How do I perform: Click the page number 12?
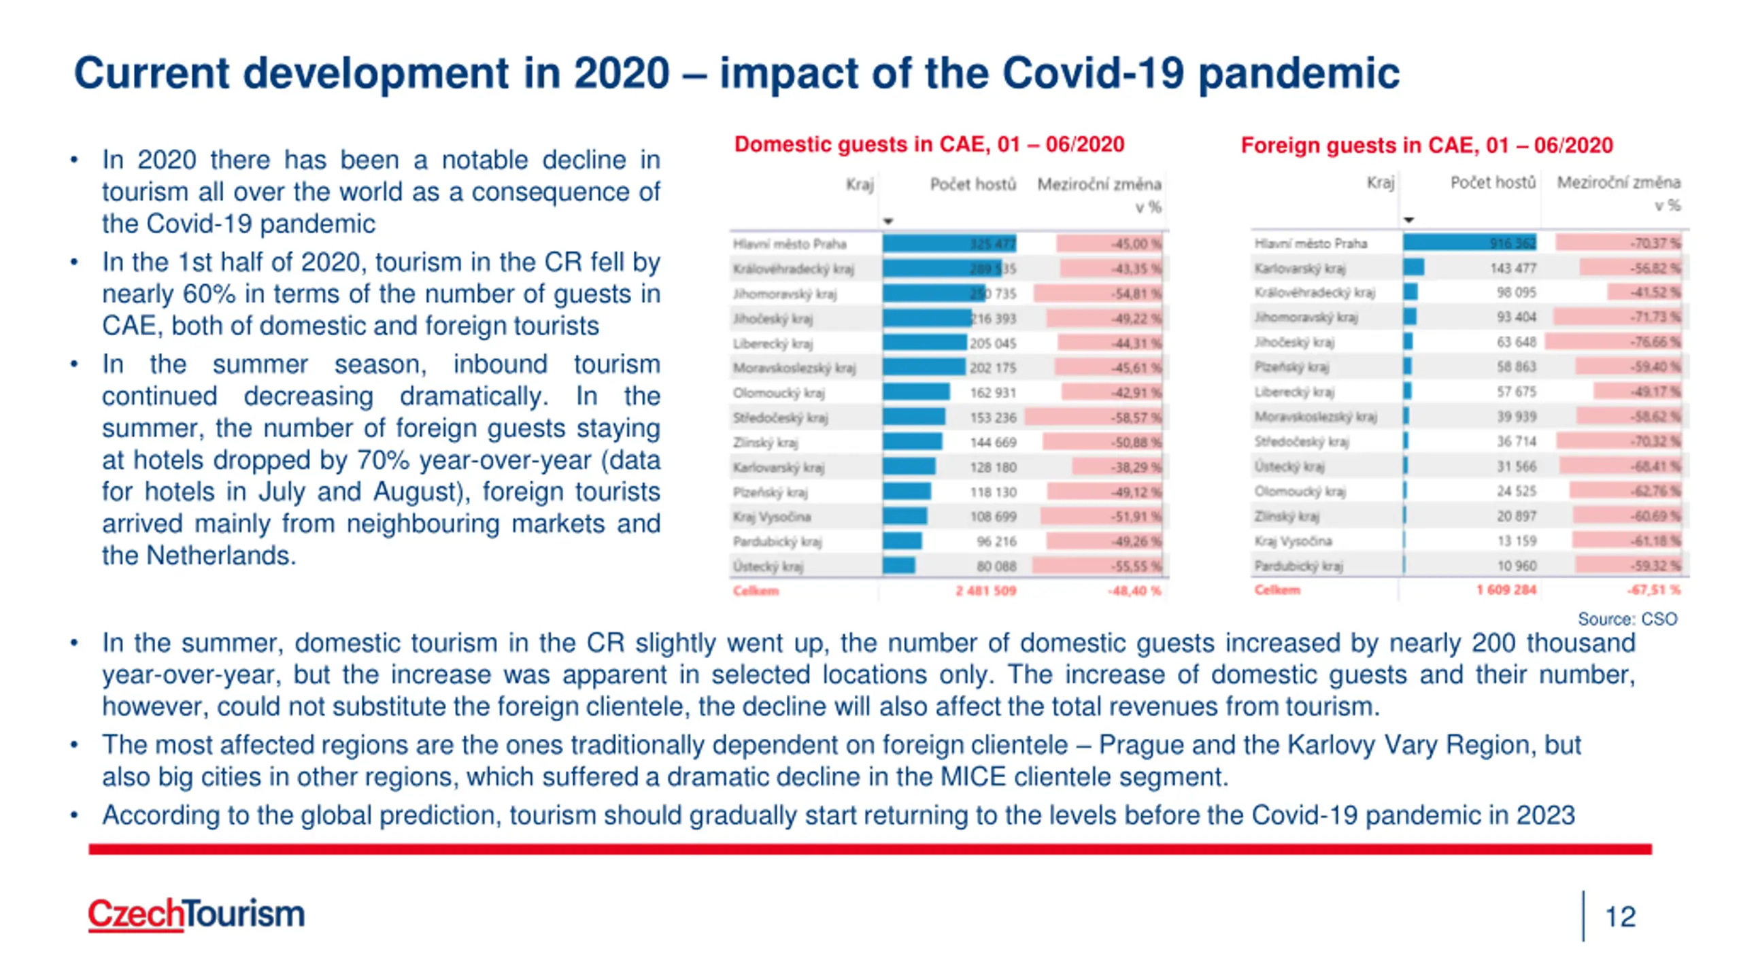click(x=1619, y=916)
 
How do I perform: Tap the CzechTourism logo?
click(x=196, y=913)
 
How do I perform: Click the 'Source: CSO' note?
click(x=1627, y=619)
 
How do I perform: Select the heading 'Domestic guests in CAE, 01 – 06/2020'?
click(x=929, y=144)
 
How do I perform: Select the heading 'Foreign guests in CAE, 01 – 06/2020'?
click(x=1426, y=145)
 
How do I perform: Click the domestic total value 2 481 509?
click(x=985, y=591)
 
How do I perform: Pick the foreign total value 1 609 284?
click(x=1506, y=589)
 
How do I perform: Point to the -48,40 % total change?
click(x=1134, y=591)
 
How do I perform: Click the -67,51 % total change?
click(x=1653, y=589)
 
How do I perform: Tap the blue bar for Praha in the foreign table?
click(x=1469, y=243)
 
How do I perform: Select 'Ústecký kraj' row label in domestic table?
click(x=768, y=566)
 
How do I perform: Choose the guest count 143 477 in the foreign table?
click(x=1512, y=268)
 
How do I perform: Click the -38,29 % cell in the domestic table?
click(x=1136, y=467)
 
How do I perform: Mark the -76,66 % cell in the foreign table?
click(x=1654, y=342)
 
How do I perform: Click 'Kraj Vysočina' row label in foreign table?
click(x=1293, y=541)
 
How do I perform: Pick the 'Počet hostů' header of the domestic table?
click(x=973, y=184)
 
